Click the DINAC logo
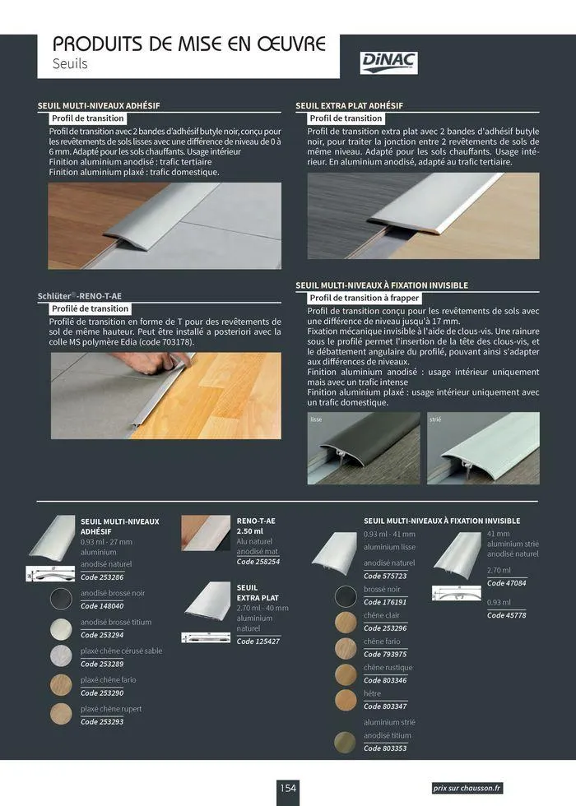pyautogui.click(x=389, y=62)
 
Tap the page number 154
pyautogui.click(x=287, y=787)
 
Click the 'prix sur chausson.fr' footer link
pyautogui.click(x=467, y=788)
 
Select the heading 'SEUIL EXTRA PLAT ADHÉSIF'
pyautogui.click(x=349, y=105)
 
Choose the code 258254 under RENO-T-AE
pyautogui.click(x=258, y=561)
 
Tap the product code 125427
pyautogui.click(x=258, y=641)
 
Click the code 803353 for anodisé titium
pyautogui.click(x=384, y=748)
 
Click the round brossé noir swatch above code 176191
pyautogui.click(x=346, y=595)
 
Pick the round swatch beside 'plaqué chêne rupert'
pyautogui.click(x=61, y=714)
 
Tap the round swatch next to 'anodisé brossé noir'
pyautogui.click(x=61, y=599)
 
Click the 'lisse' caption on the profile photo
pyautogui.click(x=316, y=419)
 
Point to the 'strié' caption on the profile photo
pyautogui.click(x=436, y=419)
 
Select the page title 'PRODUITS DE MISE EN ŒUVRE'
pyautogui.click(x=189, y=44)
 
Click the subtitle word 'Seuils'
pyautogui.click(x=70, y=63)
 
